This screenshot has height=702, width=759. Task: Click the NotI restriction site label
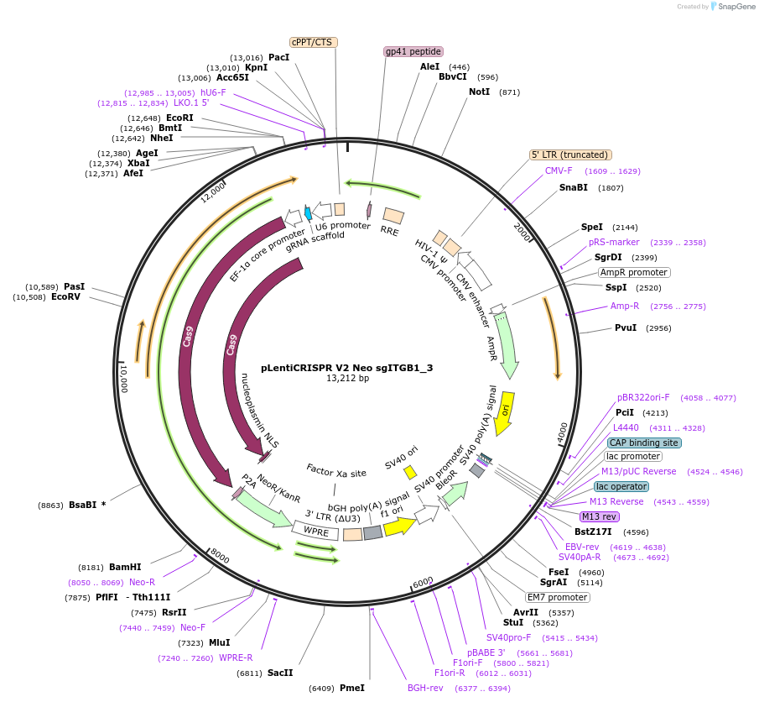[479, 92]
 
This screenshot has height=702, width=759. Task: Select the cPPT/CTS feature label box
[311, 42]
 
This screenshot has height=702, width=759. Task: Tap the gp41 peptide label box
[413, 51]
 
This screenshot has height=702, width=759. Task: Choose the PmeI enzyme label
[351, 688]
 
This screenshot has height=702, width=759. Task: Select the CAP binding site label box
[644, 443]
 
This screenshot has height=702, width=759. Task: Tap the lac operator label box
[621, 486]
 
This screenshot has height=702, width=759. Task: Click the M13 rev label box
[599, 516]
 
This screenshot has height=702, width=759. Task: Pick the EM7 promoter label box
[558, 597]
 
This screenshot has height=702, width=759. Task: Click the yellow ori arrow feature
[504, 413]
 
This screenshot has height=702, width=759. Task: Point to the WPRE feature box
[315, 530]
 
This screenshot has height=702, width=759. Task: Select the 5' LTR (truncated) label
[570, 155]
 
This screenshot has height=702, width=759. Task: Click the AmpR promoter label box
[634, 272]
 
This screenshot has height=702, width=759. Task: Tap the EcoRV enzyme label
[65, 296]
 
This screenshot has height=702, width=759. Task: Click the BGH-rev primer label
[425, 688]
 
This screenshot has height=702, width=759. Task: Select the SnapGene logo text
[732, 7]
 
